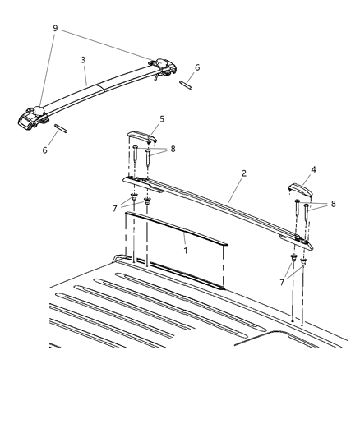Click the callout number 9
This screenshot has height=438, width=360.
click(55, 30)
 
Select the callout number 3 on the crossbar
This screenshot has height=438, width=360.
click(84, 60)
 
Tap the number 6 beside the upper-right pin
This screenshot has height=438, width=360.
click(196, 68)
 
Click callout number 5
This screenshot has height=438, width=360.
click(162, 119)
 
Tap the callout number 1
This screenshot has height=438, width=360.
click(186, 249)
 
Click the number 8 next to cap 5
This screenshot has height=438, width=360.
click(173, 150)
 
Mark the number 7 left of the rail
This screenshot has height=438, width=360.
click(114, 209)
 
